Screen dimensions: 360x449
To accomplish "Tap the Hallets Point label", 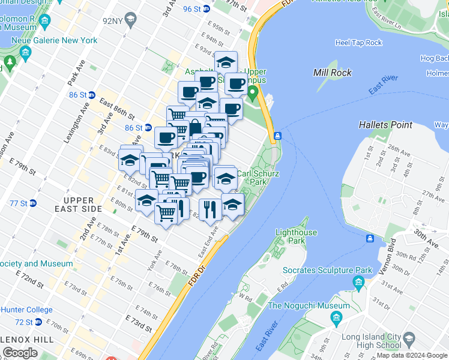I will point(385,125).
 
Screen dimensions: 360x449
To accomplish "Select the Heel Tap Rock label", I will point(358,43).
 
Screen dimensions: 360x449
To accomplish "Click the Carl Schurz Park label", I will point(258,177).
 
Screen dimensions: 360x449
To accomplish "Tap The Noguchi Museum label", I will point(308,305).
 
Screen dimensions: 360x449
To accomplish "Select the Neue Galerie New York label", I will point(62,40).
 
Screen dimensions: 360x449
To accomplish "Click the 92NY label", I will point(113,20).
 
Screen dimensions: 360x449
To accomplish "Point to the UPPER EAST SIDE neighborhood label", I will point(79,205).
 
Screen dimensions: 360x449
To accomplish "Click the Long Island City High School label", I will point(370,340).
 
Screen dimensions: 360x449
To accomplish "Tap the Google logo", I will point(20,353).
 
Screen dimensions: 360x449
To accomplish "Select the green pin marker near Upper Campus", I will point(253,93).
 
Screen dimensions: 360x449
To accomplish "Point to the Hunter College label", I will point(26,310).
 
